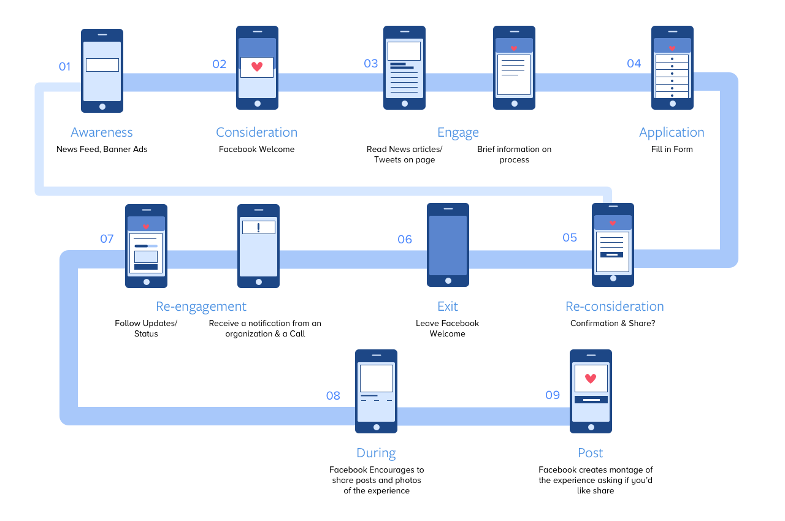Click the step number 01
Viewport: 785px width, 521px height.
coord(64,67)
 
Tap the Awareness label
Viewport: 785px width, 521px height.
coord(101,132)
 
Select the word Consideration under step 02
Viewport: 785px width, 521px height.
coord(256,132)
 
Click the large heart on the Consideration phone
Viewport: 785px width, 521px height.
coord(257,67)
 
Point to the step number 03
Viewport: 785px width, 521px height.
coord(370,64)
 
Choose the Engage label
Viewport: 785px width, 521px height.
coord(458,132)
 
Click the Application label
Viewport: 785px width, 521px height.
coord(671,132)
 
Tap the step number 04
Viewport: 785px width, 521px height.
coord(634,64)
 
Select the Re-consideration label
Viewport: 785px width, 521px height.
coord(614,306)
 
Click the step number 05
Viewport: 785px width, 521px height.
coord(570,238)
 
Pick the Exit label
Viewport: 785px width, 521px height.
coord(447,306)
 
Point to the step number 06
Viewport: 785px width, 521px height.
coord(405,240)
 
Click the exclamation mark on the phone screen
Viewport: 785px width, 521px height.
coord(259,227)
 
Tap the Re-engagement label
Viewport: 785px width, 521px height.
coord(201,306)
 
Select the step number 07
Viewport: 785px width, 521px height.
coord(107,238)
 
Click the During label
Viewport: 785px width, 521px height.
coord(376,453)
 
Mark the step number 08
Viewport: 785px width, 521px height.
coord(332,396)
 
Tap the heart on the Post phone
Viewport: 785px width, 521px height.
coord(591,378)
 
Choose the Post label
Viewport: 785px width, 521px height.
coord(590,453)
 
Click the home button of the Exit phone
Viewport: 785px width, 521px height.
coord(448,281)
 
